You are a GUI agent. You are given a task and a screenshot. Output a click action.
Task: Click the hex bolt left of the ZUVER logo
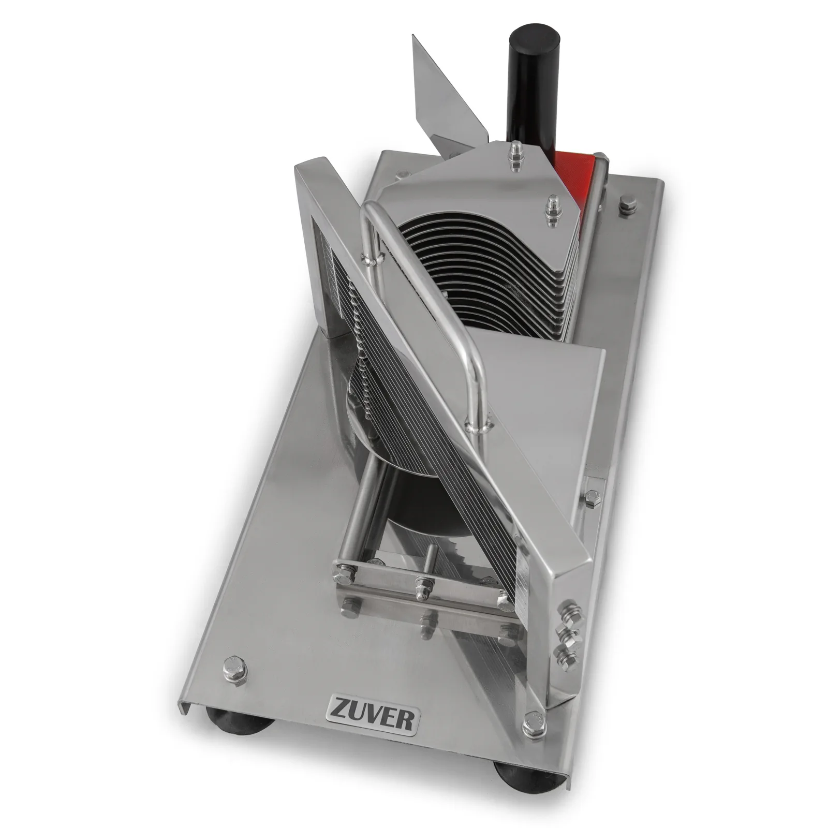pos(235,669)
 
